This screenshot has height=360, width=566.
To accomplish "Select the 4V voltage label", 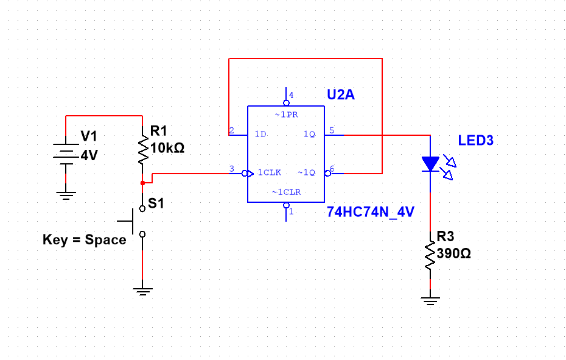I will pos(89,155).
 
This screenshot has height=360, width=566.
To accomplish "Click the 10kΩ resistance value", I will pos(167,148).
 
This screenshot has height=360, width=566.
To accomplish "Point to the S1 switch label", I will pos(156,203).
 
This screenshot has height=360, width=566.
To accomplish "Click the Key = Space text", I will pos(84,240).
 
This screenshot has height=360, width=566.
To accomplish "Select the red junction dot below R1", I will pos(142,182).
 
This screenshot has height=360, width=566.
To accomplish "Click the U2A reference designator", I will pos(340,95).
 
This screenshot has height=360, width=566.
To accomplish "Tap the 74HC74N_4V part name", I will pos(370,212).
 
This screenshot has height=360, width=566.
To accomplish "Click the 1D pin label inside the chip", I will pos(260,134).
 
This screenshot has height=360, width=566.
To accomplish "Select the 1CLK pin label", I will pos(269,172).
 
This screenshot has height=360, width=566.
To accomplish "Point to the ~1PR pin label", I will pos(285,115).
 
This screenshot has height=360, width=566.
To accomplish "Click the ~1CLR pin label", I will pos(285,192).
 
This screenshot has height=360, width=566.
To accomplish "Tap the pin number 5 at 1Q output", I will pos(332,129).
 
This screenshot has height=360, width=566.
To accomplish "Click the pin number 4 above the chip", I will pos(291,95).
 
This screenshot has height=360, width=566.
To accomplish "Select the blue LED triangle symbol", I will pos(430,163).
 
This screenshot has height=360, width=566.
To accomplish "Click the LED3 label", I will pos(475,141).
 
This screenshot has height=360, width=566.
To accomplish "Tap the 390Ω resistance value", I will pos(453,254).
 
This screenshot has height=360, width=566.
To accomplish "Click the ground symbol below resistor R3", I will pos(430,300).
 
